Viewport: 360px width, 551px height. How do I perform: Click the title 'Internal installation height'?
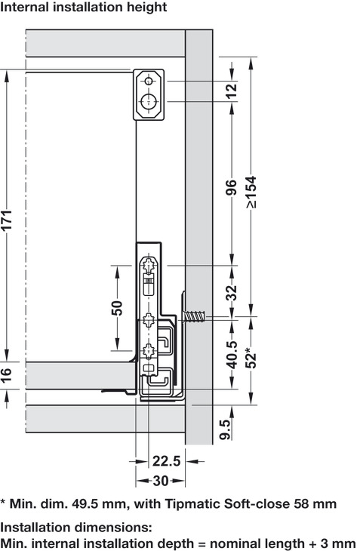[84, 8]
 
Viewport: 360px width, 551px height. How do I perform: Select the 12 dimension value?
[231, 91]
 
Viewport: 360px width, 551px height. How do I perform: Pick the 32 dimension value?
[231, 291]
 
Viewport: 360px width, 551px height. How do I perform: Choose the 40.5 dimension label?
[231, 355]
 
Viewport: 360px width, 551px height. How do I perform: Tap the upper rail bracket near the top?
[149, 94]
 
